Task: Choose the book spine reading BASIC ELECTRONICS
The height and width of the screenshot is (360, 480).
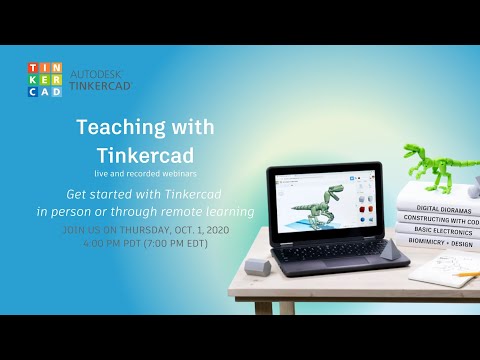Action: click(437, 229)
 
